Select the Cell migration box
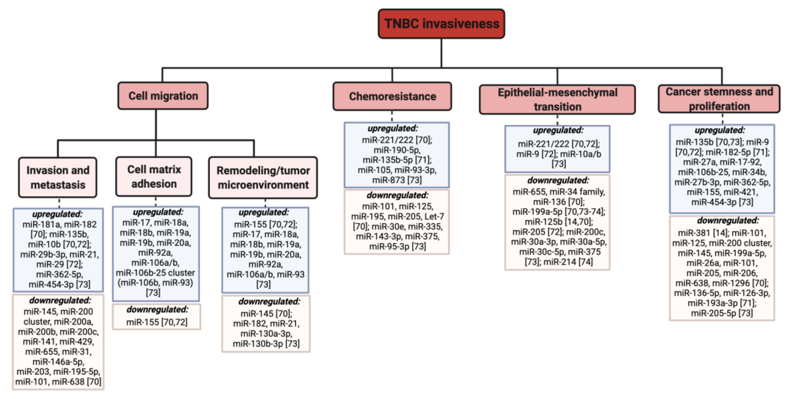click(x=163, y=96)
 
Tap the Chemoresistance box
click(x=392, y=96)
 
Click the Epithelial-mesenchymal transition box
click(x=557, y=100)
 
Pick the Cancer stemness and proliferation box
click(x=719, y=99)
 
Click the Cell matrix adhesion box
click(x=154, y=177)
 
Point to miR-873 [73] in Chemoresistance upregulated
click(x=397, y=180)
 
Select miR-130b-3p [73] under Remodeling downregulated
click(x=266, y=344)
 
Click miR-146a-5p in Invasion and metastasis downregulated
click(x=58, y=362)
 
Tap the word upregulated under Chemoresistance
click(x=392, y=128)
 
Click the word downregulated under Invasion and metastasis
click(x=60, y=301)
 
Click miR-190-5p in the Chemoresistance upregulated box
click(x=397, y=150)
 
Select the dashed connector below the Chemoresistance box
click(x=392, y=116)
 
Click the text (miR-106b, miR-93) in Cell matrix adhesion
click(x=155, y=283)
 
